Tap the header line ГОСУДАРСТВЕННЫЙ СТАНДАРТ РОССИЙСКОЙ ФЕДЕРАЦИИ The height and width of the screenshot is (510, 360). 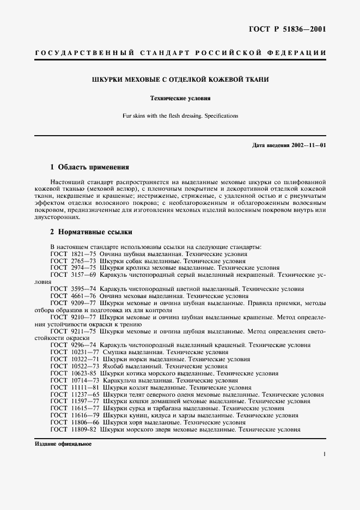pyautogui.click(x=180, y=53)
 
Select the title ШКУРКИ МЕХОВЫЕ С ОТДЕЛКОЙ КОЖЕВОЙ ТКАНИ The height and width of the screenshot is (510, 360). pyautogui.click(x=180, y=80)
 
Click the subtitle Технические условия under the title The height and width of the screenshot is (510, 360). pyautogui.click(x=180, y=99)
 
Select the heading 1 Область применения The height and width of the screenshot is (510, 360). pyautogui.click(x=89, y=167)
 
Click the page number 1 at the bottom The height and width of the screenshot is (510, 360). pyautogui.click(x=324, y=453)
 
